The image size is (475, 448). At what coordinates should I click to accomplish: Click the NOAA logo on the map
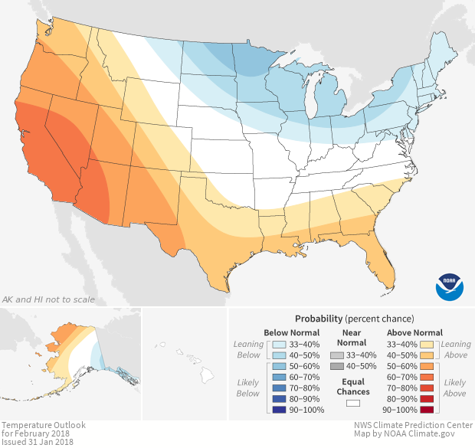pyautogui.click(x=450, y=286)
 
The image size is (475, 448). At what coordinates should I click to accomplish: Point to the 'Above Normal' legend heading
pyautogui.click(x=415, y=332)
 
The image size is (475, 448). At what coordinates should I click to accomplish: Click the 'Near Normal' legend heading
pyautogui.click(x=352, y=337)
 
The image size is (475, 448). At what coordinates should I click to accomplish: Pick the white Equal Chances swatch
pyautogui.click(x=352, y=402)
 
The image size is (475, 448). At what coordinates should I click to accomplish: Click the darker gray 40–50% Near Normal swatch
pyautogui.click(x=336, y=367)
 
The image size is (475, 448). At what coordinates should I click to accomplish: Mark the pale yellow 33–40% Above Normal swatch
pyautogui.click(x=427, y=344)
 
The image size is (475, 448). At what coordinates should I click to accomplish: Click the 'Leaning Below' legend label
pyautogui.click(x=248, y=350)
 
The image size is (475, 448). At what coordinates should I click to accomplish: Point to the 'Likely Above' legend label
pyautogui.click(x=454, y=388)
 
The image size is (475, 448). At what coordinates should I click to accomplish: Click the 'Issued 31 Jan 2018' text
pyautogui.click(x=38, y=442)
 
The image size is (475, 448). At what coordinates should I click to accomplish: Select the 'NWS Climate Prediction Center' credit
pyautogui.click(x=413, y=425)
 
